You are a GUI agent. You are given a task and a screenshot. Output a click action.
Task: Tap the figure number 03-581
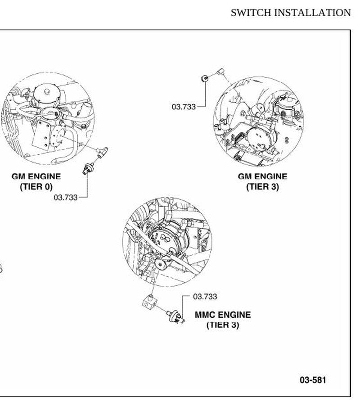click(x=313, y=380)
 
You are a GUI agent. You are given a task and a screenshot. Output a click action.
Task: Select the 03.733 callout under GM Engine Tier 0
click(x=66, y=197)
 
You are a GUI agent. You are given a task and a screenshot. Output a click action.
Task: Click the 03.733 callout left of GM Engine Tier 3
click(x=184, y=106)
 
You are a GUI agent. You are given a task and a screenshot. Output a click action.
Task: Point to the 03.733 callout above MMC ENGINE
click(x=205, y=297)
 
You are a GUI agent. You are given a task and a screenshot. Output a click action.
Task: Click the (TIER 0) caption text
click(x=36, y=186)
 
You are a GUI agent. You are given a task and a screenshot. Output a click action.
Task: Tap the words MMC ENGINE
click(x=223, y=315)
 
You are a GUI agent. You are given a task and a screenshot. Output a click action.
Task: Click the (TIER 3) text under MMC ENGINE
click(x=223, y=325)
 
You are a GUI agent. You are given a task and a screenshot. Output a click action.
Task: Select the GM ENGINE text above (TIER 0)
click(x=36, y=176)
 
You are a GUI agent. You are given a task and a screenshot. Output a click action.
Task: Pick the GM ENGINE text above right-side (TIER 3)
click(x=262, y=176)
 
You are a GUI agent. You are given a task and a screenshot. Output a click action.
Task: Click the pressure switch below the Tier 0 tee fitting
click(x=88, y=168)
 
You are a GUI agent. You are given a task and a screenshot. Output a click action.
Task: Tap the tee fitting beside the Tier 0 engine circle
click(x=102, y=152)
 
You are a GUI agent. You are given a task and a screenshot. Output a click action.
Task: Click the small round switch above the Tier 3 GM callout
click(x=205, y=78)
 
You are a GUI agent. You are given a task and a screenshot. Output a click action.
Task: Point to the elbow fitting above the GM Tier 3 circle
click(x=220, y=71)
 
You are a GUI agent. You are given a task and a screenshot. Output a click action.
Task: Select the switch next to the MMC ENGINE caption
click(x=176, y=317)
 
